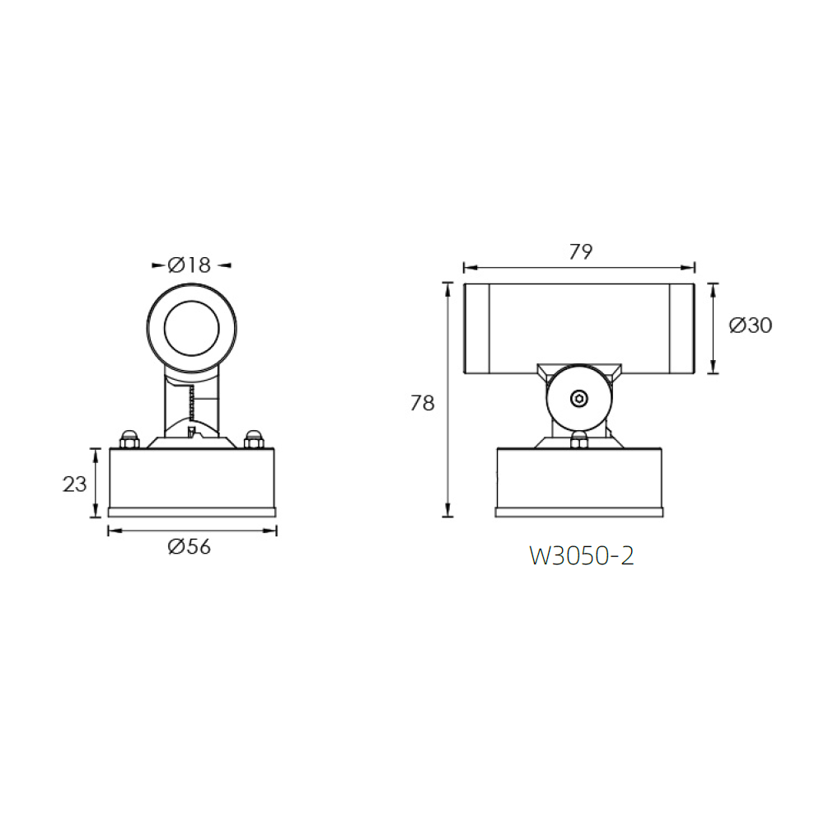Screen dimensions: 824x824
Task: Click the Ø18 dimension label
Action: coord(190,265)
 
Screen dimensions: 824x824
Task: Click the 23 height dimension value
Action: coord(75,485)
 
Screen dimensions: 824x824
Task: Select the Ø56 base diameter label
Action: coord(190,546)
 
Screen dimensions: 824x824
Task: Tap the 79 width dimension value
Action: coord(580,252)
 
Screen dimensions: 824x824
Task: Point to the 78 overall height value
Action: coord(422,403)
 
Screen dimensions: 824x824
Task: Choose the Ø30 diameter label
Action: coord(751,325)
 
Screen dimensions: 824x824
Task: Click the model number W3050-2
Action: coord(581,556)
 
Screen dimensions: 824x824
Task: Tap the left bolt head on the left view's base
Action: coord(128,439)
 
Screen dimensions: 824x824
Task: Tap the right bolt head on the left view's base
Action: coord(254,439)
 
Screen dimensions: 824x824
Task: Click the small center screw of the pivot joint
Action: coord(579,399)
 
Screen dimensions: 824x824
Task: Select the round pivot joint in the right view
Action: coord(579,399)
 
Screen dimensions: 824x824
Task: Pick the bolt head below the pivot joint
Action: coord(579,440)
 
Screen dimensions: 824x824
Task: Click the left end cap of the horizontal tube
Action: coord(477,328)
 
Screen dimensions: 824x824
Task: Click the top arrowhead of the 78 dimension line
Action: coord(447,287)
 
